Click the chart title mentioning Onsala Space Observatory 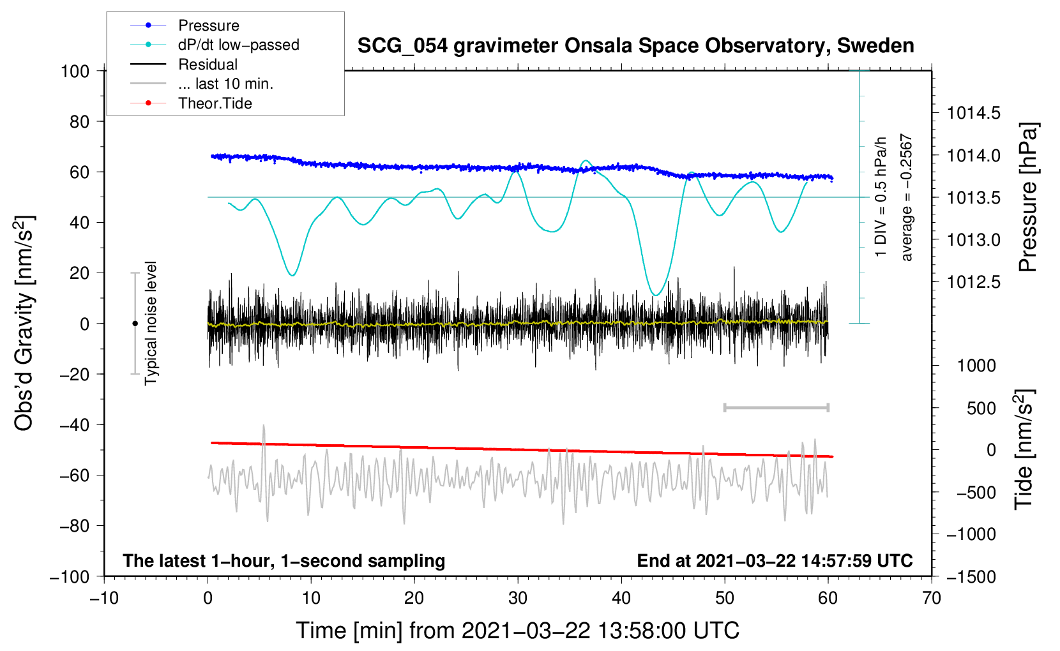click(635, 46)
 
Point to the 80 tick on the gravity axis click(79, 122)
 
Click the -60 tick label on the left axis click(74, 475)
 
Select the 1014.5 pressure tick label click(973, 113)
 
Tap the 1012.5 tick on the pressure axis click(973, 282)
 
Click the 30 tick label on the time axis click(518, 598)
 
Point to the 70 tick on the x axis click(931, 598)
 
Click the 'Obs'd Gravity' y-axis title click(24, 324)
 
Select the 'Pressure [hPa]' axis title click(1027, 197)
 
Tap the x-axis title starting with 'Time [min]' click(518, 631)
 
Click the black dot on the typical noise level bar click(135, 324)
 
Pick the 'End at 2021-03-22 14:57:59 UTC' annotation click(775, 560)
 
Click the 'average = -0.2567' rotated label click(906, 197)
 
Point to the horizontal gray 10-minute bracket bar click(776, 407)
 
